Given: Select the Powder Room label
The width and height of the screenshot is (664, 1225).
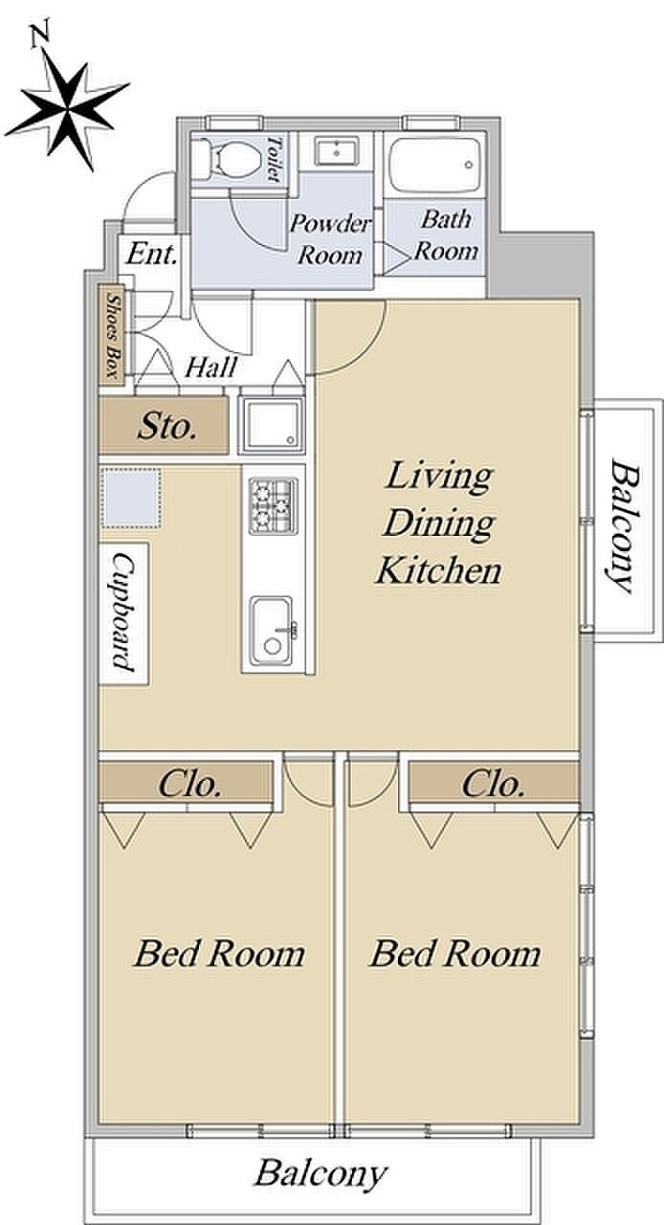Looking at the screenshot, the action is pos(330,239).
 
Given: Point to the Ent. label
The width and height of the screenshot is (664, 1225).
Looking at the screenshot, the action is pos(152,255).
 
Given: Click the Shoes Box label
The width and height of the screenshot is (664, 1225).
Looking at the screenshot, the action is pos(112,335).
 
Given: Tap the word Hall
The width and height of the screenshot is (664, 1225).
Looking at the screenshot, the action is pos(211,367).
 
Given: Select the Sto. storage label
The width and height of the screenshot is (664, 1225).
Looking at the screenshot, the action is pos(166,427).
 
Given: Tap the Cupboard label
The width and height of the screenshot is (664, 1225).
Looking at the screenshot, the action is pos(123,612).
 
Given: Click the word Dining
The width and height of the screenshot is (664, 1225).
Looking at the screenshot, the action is pos(438,523).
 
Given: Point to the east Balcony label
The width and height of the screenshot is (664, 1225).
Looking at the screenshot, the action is pos(624,525).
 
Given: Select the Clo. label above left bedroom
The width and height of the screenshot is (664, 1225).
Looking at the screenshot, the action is pos(189,784).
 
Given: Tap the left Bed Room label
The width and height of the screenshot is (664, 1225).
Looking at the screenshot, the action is pos(219,954).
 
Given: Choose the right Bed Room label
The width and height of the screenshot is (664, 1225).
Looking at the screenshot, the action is pos(455,954).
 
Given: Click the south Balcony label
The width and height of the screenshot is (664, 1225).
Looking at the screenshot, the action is pos(321,1172).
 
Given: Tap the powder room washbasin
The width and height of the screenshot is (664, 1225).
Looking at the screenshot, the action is pos(336,150).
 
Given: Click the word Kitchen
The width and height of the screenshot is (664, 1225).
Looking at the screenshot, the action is pos(438,570).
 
